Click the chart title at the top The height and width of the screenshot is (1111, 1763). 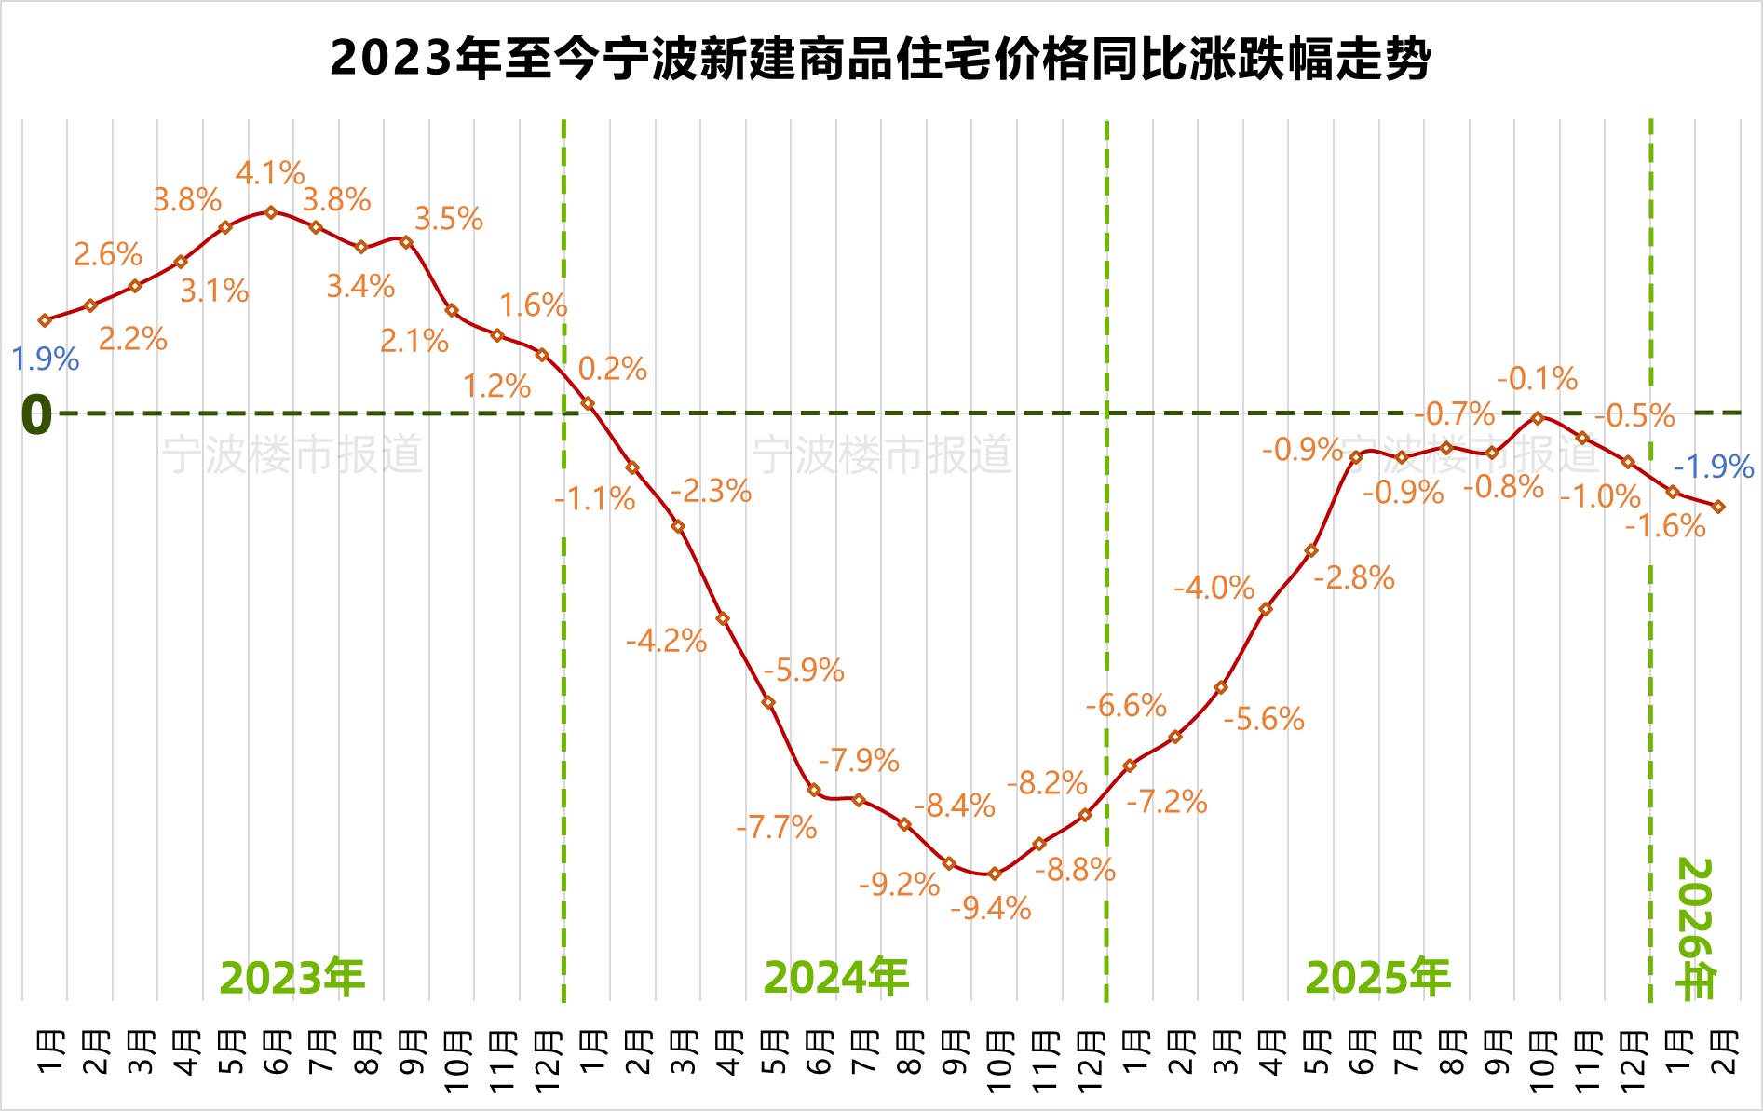(x=880, y=59)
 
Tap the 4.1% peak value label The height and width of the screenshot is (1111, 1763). (x=270, y=173)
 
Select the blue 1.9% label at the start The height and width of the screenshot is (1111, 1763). (x=45, y=359)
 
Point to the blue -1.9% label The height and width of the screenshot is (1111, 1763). (x=1714, y=467)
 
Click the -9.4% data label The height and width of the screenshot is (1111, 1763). (x=991, y=908)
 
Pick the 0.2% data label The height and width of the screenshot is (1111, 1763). (x=613, y=369)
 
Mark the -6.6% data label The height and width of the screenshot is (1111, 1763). (x=1126, y=706)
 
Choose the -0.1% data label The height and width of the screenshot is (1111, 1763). (x=1538, y=379)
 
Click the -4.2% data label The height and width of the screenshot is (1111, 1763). (x=667, y=641)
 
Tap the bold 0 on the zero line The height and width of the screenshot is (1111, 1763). (x=36, y=414)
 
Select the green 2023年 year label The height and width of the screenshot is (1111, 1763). (x=292, y=978)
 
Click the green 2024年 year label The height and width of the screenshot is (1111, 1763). (x=836, y=978)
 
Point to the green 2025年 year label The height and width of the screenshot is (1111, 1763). (x=1378, y=978)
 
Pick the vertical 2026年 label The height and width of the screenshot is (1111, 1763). (x=1695, y=928)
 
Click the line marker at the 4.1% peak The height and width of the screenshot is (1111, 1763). (x=271, y=212)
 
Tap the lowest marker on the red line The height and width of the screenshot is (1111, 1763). (x=995, y=874)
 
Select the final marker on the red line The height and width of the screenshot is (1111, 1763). (x=1718, y=507)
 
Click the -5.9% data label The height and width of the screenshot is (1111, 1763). (x=804, y=671)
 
